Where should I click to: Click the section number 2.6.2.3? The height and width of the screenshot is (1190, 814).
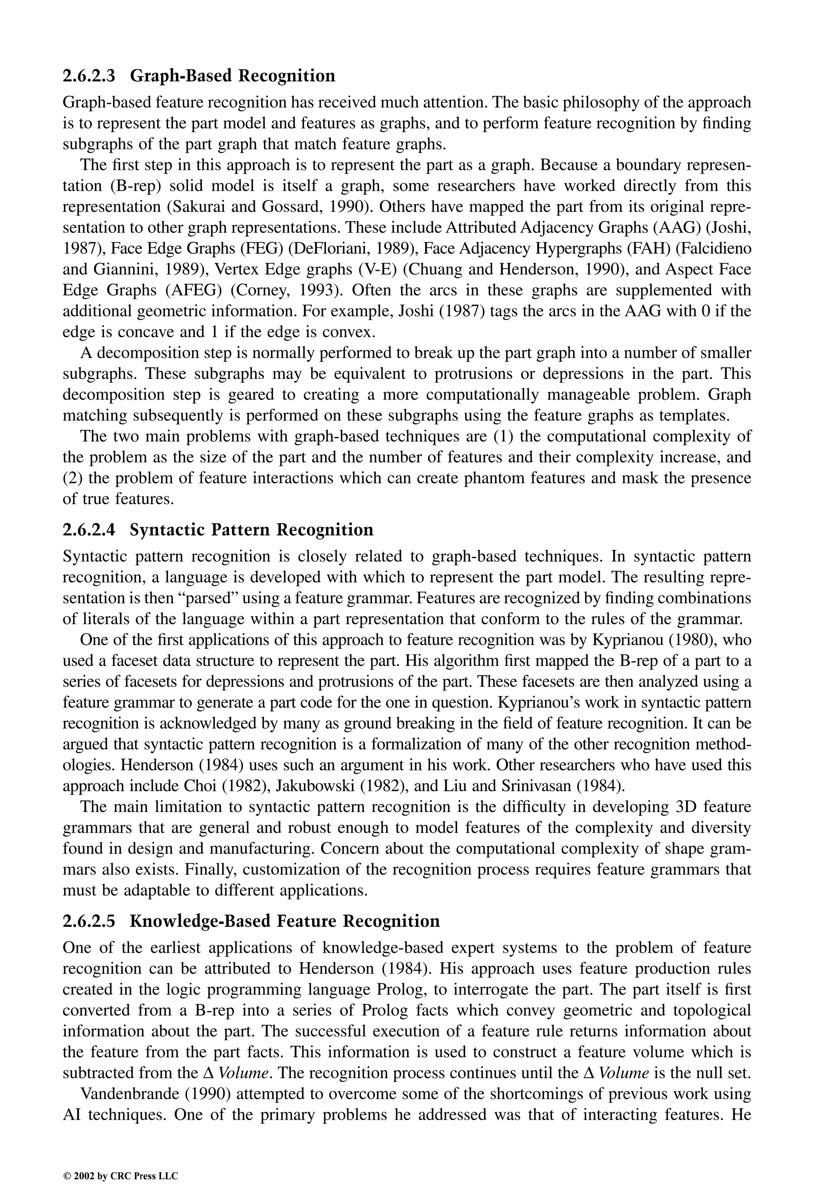pyautogui.click(x=89, y=76)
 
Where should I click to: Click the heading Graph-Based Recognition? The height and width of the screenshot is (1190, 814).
pyautogui.click(x=233, y=76)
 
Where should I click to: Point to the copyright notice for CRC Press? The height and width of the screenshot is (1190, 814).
pyautogui.click(x=120, y=1161)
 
